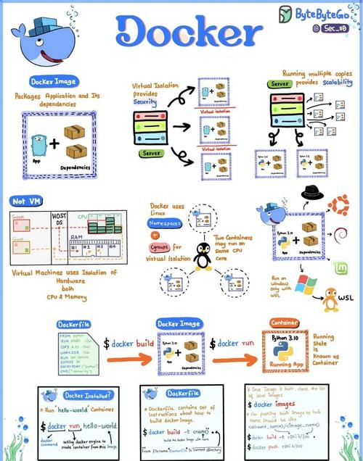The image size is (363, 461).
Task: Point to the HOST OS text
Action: point(59,220)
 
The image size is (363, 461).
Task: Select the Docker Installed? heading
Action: point(79,395)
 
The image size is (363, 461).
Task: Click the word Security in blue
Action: point(144,103)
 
